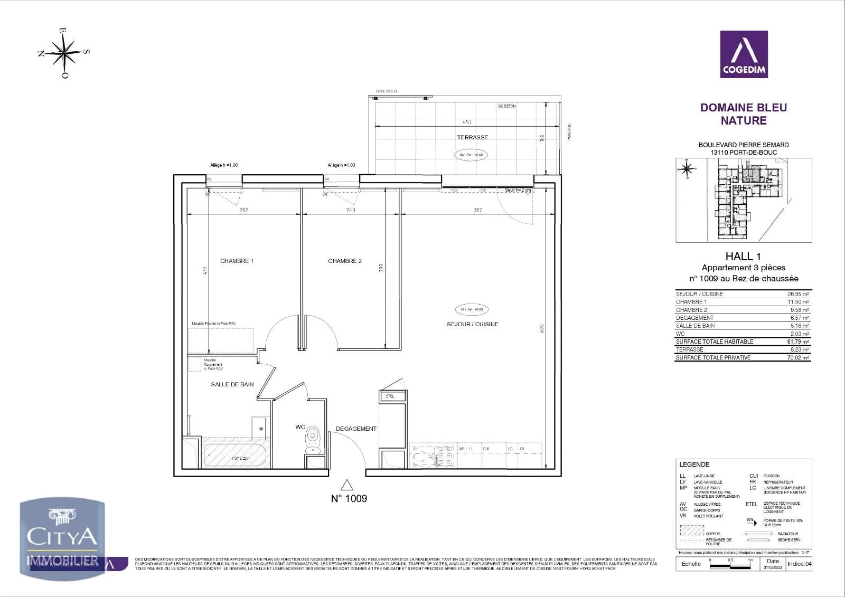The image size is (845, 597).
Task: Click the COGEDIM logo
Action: click(744, 54)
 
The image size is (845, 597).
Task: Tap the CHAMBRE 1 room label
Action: click(237, 261)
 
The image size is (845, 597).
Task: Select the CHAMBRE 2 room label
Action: click(345, 261)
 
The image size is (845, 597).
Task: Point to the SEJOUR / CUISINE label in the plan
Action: click(472, 324)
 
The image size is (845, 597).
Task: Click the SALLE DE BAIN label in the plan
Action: click(232, 384)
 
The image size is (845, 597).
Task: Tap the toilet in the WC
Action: click(313, 439)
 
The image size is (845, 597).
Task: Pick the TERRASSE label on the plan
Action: click(473, 137)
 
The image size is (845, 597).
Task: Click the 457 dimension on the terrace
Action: click(467, 122)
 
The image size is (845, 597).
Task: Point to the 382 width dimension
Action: click(477, 210)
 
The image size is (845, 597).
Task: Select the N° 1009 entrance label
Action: click(349, 498)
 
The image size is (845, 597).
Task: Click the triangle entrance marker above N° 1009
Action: click(346, 485)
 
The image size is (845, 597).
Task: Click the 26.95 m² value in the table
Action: click(798, 294)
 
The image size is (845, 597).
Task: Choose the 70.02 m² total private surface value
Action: click(798, 357)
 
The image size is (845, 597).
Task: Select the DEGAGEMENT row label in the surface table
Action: click(694, 318)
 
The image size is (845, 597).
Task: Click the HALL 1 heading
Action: click(743, 257)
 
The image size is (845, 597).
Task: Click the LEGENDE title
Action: click(694, 465)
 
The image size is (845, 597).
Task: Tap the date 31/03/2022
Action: click(773, 568)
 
